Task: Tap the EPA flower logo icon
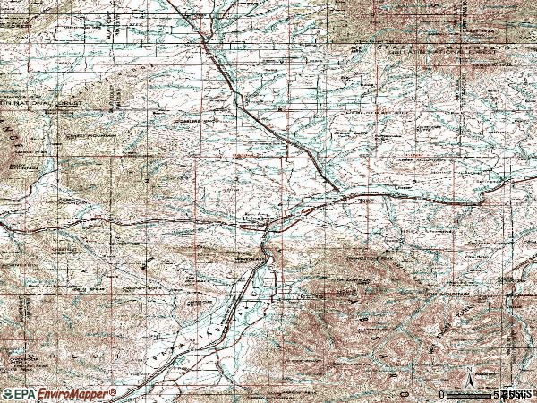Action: [8, 394]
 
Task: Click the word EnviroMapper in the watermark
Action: [74, 394]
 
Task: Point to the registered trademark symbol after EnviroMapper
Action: [114, 391]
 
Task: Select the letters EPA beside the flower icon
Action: [28, 394]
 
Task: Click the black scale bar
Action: [471, 393]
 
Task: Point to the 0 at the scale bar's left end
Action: [441, 394]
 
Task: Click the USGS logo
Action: [517, 394]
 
